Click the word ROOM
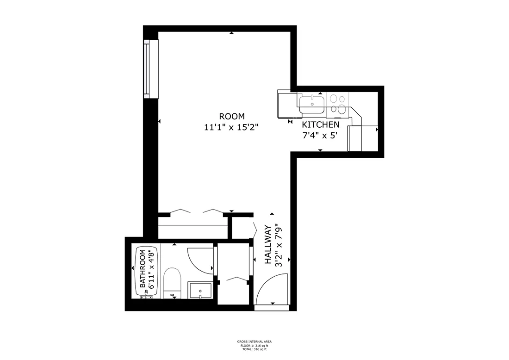(231, 116)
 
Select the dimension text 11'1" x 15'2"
(231, 128)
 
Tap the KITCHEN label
(321, 125)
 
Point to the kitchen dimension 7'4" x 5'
(321, 136)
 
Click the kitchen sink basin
(311, 104)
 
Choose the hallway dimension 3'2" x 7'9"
(279, 245)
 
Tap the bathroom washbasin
(200, 290)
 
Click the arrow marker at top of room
(231, 33)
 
